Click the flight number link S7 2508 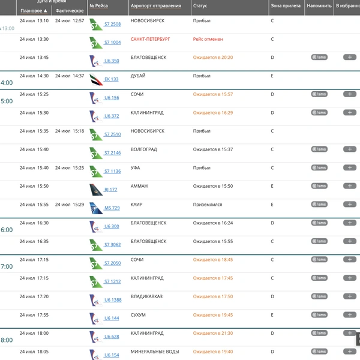tap(113, 24)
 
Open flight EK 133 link tap(112, 79)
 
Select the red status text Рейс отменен tap(208, 39)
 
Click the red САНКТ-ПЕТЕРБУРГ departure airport tap(150, 39)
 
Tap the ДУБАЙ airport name tap(138, 76)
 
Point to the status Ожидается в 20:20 tap(213, 58)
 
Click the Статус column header tap(200, 6)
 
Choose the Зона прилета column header tap(286, 6)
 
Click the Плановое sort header tap(34, 11)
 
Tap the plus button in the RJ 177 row tap(350, 186)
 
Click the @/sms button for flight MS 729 tap(319, 205)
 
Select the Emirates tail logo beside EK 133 tap(96, 79)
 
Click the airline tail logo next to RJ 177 tap(96, 190)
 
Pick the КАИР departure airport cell tap(136, 205)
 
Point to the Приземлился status tap(208, 205)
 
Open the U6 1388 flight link tap(113, 300)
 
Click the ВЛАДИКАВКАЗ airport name tap(146, 296)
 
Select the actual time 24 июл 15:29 tap(70, 205)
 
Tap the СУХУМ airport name tap(138, 315)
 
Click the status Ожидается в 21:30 tap(213, 334)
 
